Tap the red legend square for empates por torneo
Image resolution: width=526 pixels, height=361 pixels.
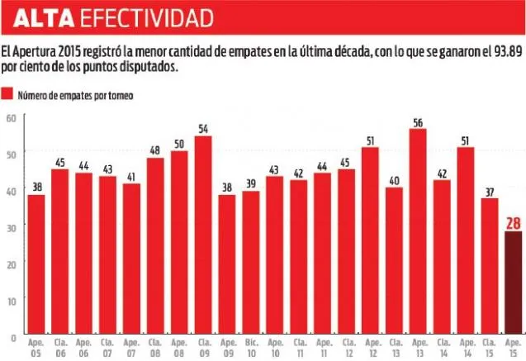8,95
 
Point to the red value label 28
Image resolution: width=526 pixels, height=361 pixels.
512,222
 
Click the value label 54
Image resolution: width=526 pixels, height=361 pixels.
202,129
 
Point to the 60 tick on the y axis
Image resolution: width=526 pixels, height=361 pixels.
11,117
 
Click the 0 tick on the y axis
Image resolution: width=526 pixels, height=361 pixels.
13,337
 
